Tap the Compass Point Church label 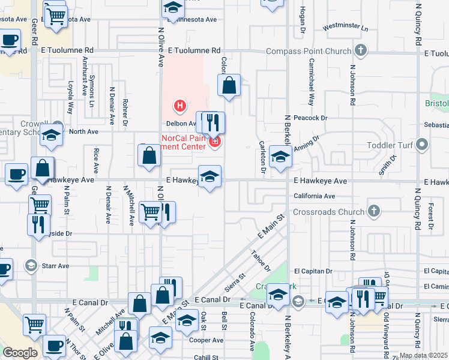304,52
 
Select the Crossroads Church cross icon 374,211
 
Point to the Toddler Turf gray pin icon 422,145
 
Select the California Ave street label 314,196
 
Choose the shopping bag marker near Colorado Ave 229,86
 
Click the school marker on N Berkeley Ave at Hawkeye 280,157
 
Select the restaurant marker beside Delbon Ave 212,123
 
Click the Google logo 20,353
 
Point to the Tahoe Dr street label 262,259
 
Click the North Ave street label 83,131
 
